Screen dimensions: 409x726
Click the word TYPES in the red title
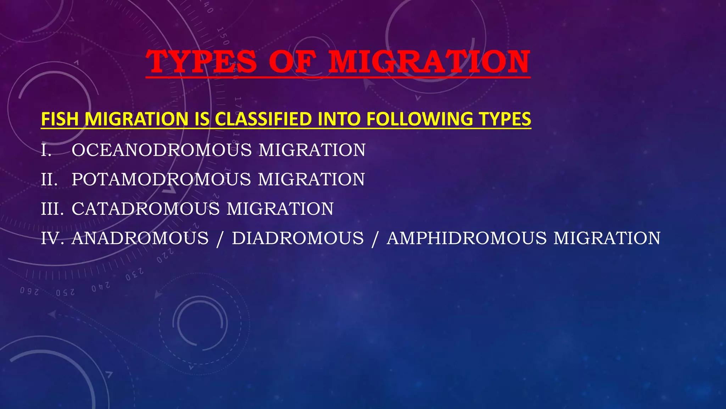pos(201,62)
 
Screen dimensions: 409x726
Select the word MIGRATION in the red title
pos(429,62)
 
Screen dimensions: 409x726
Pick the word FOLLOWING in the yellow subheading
pos(420,119)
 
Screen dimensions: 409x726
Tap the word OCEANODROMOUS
pos(162,150)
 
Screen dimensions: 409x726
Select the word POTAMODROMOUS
pos(161,179)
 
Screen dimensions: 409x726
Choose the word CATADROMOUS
pos(146,209)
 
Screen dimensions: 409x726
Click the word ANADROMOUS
pos(140,238)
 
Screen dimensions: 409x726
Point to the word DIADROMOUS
pos(298,238)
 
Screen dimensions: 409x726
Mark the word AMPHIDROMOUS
pos(467,238)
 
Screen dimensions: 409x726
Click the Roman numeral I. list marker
pos(46,150)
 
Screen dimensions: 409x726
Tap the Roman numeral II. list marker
pos(49,180)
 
